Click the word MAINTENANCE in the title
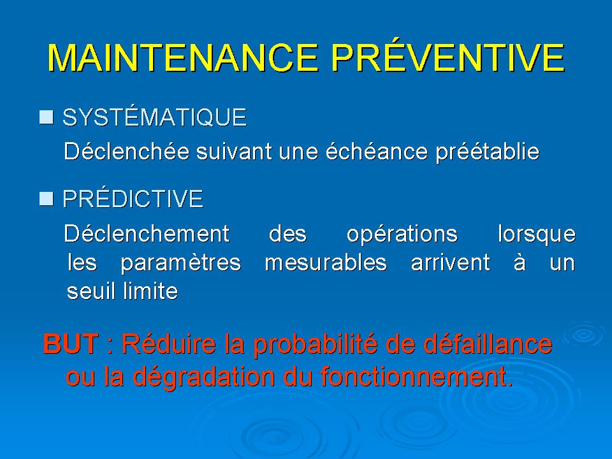pyautogui.click(x=184, y=58)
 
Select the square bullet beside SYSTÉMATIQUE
pyautogui.click(x=46, y=117)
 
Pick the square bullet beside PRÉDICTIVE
pyautogui.click(x=46, y=199)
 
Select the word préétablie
pyautogui.click(x=488, y=152)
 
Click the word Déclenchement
pyautogui.click(x=147, y=234)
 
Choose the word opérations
pyautogui.click(x=402, y=235)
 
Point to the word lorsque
pyautogui.click(x=537, y=235)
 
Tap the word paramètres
pyautogui.click(x=180, y=263)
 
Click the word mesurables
pyautogui.click(x=326, y=262)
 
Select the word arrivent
pyautogui.click(x=451, y=262)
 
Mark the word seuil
pyautogui.click(x=91, y=291)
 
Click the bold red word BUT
pyautogui.click(x=71, y=344)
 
